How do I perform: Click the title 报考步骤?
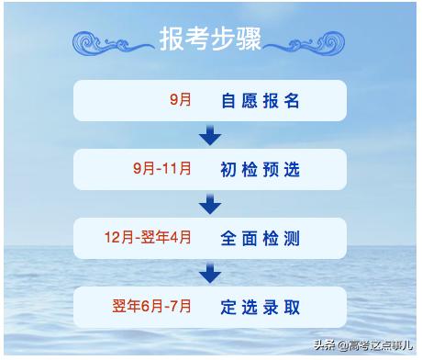(210, 39)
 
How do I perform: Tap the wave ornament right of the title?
(309, 41)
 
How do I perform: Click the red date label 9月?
(181, 100)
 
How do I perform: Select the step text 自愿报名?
(261, 101)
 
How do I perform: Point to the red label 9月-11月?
(162, 169)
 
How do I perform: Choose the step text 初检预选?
(261, 170)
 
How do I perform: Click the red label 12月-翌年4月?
(148, 238)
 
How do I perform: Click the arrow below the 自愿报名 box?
(210, 136)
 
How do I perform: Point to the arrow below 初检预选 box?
(210, 204)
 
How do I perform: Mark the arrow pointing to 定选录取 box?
(210, 273)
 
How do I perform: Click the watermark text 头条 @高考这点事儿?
(362, 346)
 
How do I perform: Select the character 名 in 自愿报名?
(293, 101)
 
